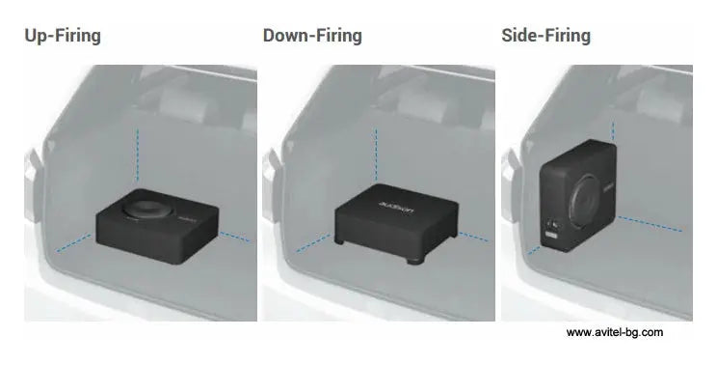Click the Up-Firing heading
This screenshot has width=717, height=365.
pyautogui.click(x=63, y=36)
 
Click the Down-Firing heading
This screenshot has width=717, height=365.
pyautogui.click(x=312, y=36)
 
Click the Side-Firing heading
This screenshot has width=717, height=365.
pyautogui.click(x=546, y=36)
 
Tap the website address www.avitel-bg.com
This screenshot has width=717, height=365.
pyautogui.click(x=615, y=332)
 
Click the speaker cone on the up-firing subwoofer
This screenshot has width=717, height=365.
pyautogui.click(x=146, y=210)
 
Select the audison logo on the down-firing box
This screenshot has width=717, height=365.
pyautogui.click(x=396, y=207)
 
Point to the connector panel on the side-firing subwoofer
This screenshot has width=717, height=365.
pyautogui.click(x=552, y=230)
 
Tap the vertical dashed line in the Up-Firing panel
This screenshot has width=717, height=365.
pyautogui.click(x=137, y=155)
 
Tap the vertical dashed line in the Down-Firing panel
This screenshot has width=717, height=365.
pyautogui.click(x=376, y=154)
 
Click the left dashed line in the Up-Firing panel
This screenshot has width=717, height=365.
pyautogui.click(x=74, y=242)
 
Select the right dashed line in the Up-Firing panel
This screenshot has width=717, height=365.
pyautogui.click(x=234, y=237)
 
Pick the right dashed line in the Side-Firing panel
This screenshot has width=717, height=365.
pyautogui.click(x=650, y=224)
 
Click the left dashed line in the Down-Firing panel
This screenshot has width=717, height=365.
pyautogui.click(x=313, y=242)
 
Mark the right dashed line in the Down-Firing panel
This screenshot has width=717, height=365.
pyautogui.click(x=473, y=237)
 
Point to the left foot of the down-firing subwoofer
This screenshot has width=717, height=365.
pyautogui.click(x=339, y=240)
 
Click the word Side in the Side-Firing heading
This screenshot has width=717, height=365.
pyautogui.click(x=520, y=36)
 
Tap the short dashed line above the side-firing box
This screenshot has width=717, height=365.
pyautogui.click(x=613, y=132)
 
